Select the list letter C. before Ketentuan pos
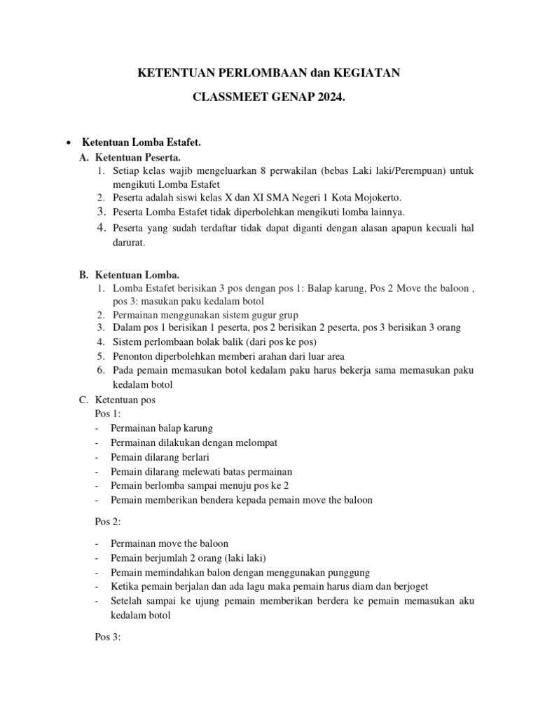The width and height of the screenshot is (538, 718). click(83, 400)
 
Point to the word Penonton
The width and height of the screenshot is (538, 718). click(132, 355)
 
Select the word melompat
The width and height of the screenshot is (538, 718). click(256, 443)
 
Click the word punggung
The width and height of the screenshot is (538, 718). click(345, 572)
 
